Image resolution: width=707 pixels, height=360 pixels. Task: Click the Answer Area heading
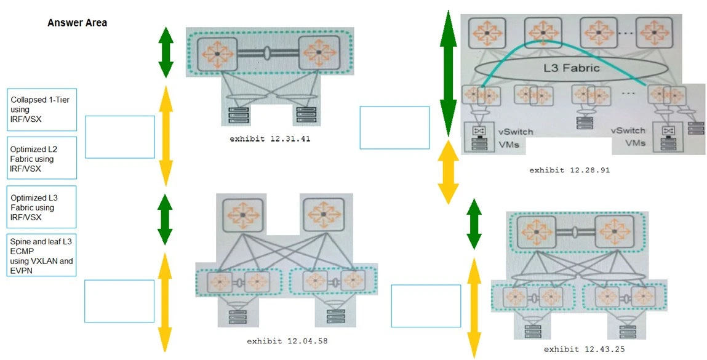point(77,23)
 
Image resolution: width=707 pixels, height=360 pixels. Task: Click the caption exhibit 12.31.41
point(270,139)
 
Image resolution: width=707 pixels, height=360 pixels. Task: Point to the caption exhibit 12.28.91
point(569,170)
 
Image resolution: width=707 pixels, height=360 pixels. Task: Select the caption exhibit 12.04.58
point(287,340)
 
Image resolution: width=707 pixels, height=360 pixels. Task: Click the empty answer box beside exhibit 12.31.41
point(119,137)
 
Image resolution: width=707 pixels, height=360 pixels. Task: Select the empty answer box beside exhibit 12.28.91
point(394,127)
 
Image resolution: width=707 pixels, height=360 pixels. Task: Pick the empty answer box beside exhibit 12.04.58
point(119,301)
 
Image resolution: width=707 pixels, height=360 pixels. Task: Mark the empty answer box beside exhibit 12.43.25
point(426,305)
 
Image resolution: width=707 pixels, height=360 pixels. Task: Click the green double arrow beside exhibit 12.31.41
point(165,52)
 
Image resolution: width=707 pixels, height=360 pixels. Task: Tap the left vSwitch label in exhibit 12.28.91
point(516,132)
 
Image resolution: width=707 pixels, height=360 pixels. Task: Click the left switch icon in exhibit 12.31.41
point(217,54)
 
